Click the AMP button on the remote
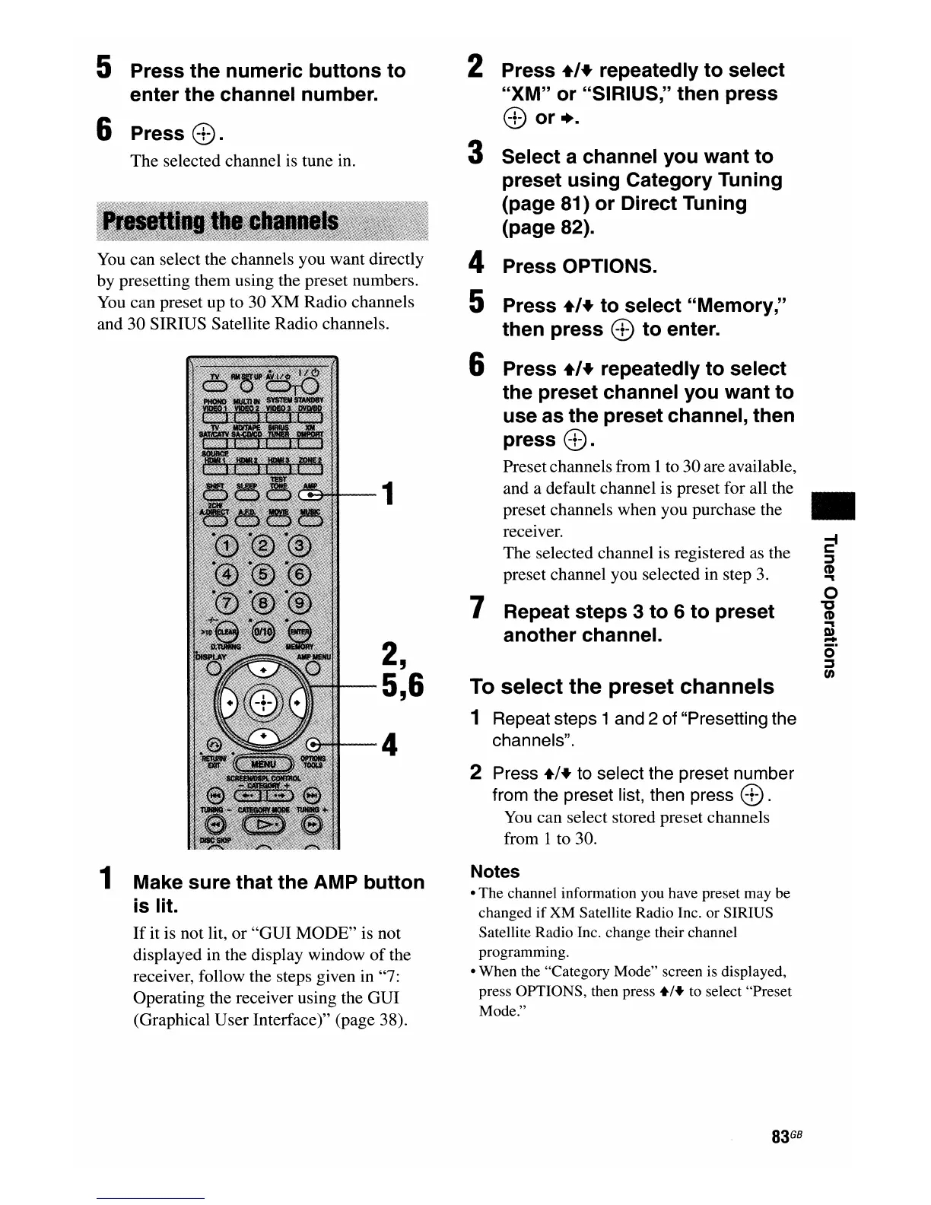pyautogui.click(x=310, y=495)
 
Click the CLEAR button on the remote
pyautogui.click(x=226, y=631)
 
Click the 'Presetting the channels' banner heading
pyautogui.click(x=221, y=221)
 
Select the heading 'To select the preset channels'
pyautogui.click(x=621, y=686)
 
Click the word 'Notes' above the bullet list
pyautogui.click(x=494, y=871)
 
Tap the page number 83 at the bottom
pyautogui.click(x=779, y=1137)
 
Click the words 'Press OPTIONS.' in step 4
pyautogui.click(x=580, y=266)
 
